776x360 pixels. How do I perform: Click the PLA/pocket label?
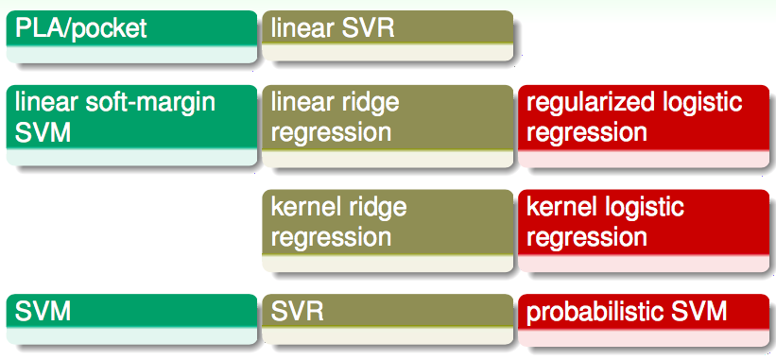pos(81,28)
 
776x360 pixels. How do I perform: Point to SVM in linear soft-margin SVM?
pos(43,131)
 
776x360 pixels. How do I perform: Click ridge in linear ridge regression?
pos(371,102)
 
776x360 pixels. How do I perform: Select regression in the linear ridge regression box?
pos(331,132)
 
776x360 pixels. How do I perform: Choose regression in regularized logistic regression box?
pos(586,132)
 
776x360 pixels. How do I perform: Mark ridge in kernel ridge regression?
pos(376,206)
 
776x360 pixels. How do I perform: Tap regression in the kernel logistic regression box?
pos(586,236)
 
